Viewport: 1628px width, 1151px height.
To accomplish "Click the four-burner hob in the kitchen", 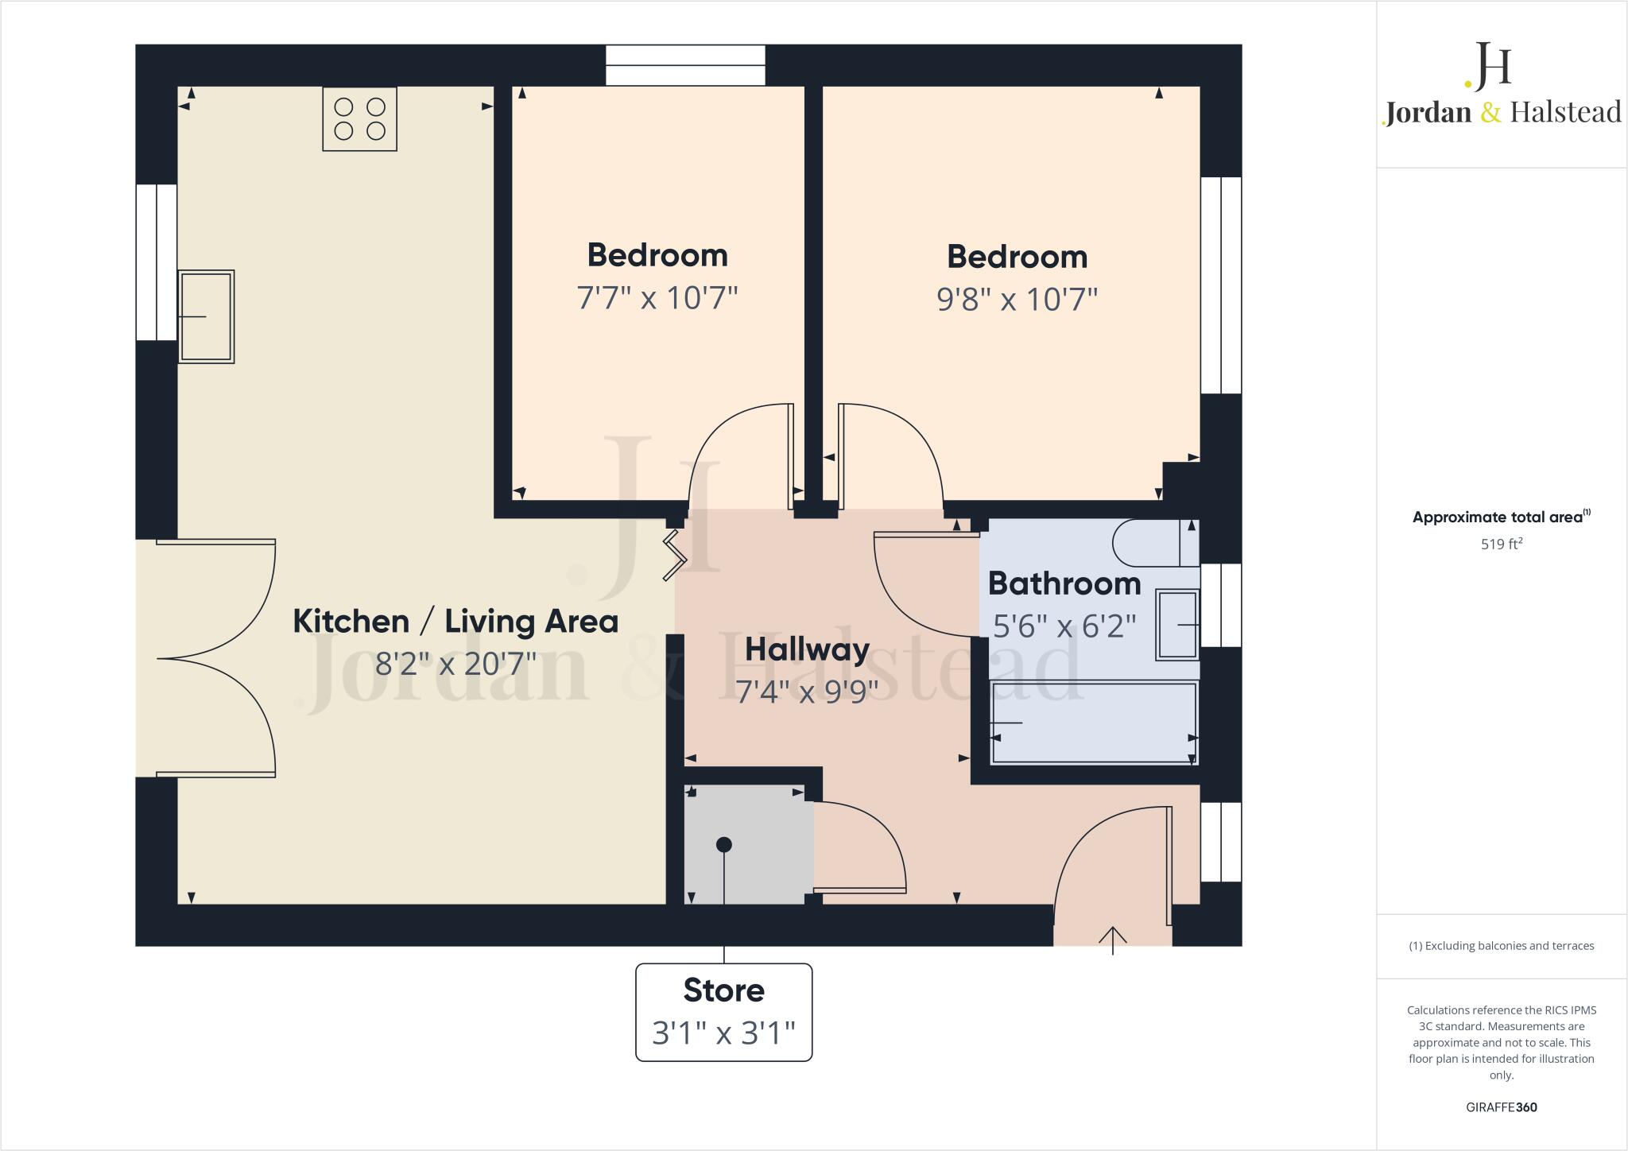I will tap(359, 118).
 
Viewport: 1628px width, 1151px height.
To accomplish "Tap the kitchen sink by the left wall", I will tap(206, 316).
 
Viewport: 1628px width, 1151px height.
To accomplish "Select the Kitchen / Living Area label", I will tap(455, 621).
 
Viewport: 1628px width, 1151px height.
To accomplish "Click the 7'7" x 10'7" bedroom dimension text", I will tap(657, 298).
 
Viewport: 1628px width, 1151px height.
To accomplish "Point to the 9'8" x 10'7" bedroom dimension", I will tap(1017, 300).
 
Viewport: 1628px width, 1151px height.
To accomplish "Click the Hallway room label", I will tap(807, 649).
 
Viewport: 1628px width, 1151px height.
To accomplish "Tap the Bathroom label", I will tap(1064, 583).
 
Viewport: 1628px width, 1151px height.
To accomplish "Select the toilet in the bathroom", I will tap(1154, 543).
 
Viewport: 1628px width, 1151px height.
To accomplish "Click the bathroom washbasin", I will tap(1177, 625).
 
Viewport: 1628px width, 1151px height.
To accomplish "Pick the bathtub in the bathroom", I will tap(1093, 723).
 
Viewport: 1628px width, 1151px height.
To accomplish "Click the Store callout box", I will tap(723, 1012).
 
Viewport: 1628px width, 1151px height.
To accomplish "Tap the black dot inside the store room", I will tap(723, 845).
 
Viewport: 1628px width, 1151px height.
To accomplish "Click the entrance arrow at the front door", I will tap(1113, 938).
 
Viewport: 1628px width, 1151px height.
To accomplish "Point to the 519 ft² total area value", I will tap(1501, 544).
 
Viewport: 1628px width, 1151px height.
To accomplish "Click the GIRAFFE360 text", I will tap(1501, 1107).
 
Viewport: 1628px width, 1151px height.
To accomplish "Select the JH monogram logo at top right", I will tap(1488, 65).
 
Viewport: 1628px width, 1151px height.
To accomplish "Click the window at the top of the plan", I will tap(685, 65).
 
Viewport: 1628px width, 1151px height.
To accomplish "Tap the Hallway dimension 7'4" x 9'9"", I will tap(807, 692).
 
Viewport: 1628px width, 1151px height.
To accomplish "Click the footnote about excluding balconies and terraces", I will tap(1501, 946).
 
